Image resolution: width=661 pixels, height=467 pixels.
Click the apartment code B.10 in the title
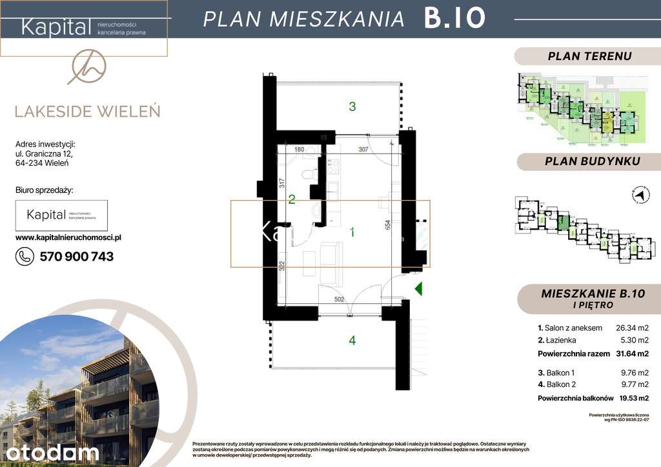pyautogui.click(x=454, y=19)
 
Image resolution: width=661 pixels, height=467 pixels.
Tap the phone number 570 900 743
pyautogui.click(x=76, y=257)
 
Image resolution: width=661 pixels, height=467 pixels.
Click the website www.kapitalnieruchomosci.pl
pyautogui.click(x=68, y=237)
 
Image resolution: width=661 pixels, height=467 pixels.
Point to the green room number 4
pyautogui.click(x=352, y=341)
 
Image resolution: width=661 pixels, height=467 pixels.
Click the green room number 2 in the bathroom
pyautogui.click(x=292, y=200)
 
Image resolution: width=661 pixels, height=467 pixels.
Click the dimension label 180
pyautogui.click(x=299, y=150)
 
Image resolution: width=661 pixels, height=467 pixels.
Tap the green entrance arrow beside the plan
pyautogui.click(x=418, y=288)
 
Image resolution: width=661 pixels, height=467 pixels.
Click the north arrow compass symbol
pyautogui.click(x=639, y=194)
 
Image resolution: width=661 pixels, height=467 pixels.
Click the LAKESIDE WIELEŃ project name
pyautogui.click(x=87, y=111)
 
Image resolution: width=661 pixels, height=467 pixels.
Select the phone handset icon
pyautogui.click(x=25, y=257)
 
